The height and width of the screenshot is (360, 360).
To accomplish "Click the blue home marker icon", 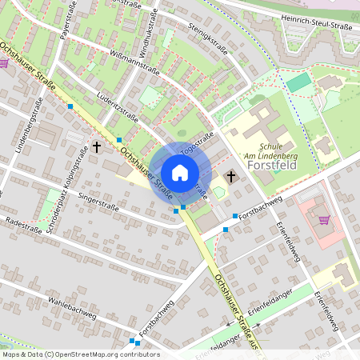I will point(180,172).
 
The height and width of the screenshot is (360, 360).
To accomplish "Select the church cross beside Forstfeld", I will point(232,176).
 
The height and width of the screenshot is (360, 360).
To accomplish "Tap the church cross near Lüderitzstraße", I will point(98,147).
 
